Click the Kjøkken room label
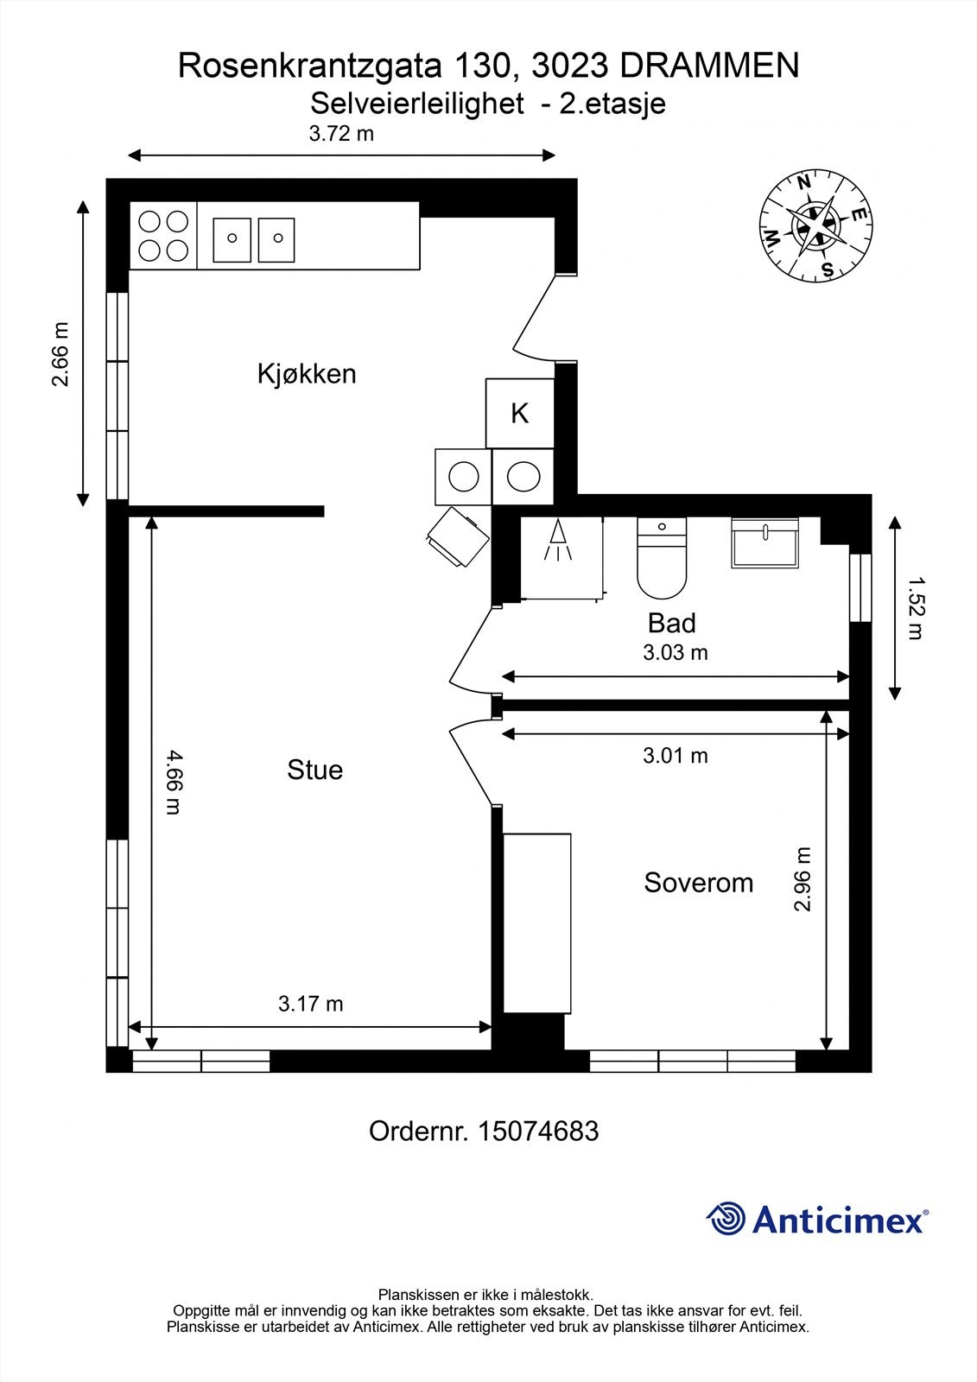(307, 374)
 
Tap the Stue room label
(314, 770)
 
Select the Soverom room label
(698, 883)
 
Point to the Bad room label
(671, 623)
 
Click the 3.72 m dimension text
(341, 134)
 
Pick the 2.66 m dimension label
(60, 354)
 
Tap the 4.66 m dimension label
(173, 782)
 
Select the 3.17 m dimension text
(310, 1004)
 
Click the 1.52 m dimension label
(916, 608)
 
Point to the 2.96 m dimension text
(803, 879)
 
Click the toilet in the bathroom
(662, 559)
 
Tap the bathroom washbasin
(764, 543)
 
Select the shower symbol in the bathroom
(559, 542)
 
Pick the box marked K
(519, 414)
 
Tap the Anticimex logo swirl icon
(726, 1220)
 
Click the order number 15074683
(537, 1131)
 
